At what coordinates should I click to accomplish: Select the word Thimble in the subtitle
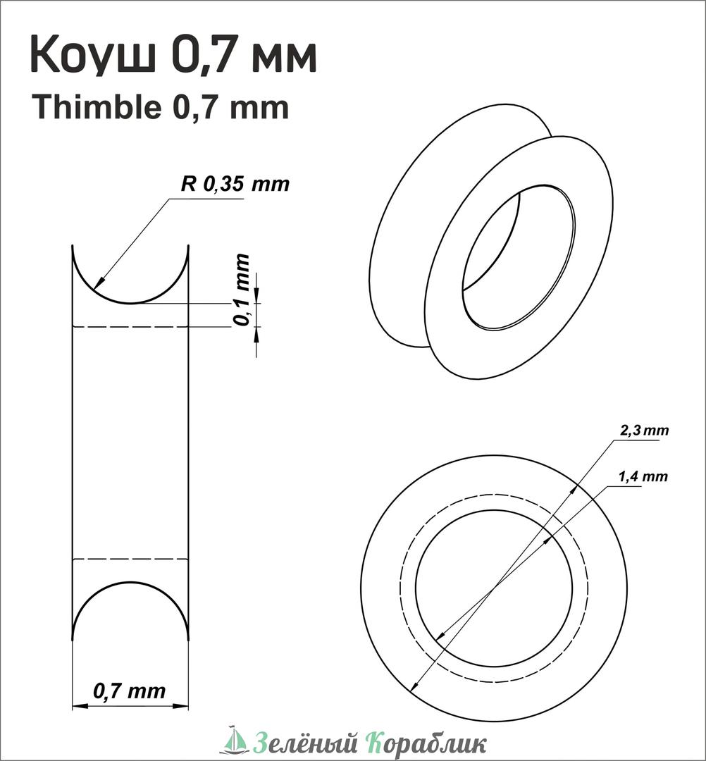point(97,107)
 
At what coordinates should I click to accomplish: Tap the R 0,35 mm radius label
point(235,184)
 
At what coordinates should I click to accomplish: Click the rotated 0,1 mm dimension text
point(242,290)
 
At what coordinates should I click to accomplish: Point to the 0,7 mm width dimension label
point(129,690)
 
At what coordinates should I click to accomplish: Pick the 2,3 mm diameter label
point(645,430)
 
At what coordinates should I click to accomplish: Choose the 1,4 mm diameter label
point(643,476)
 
